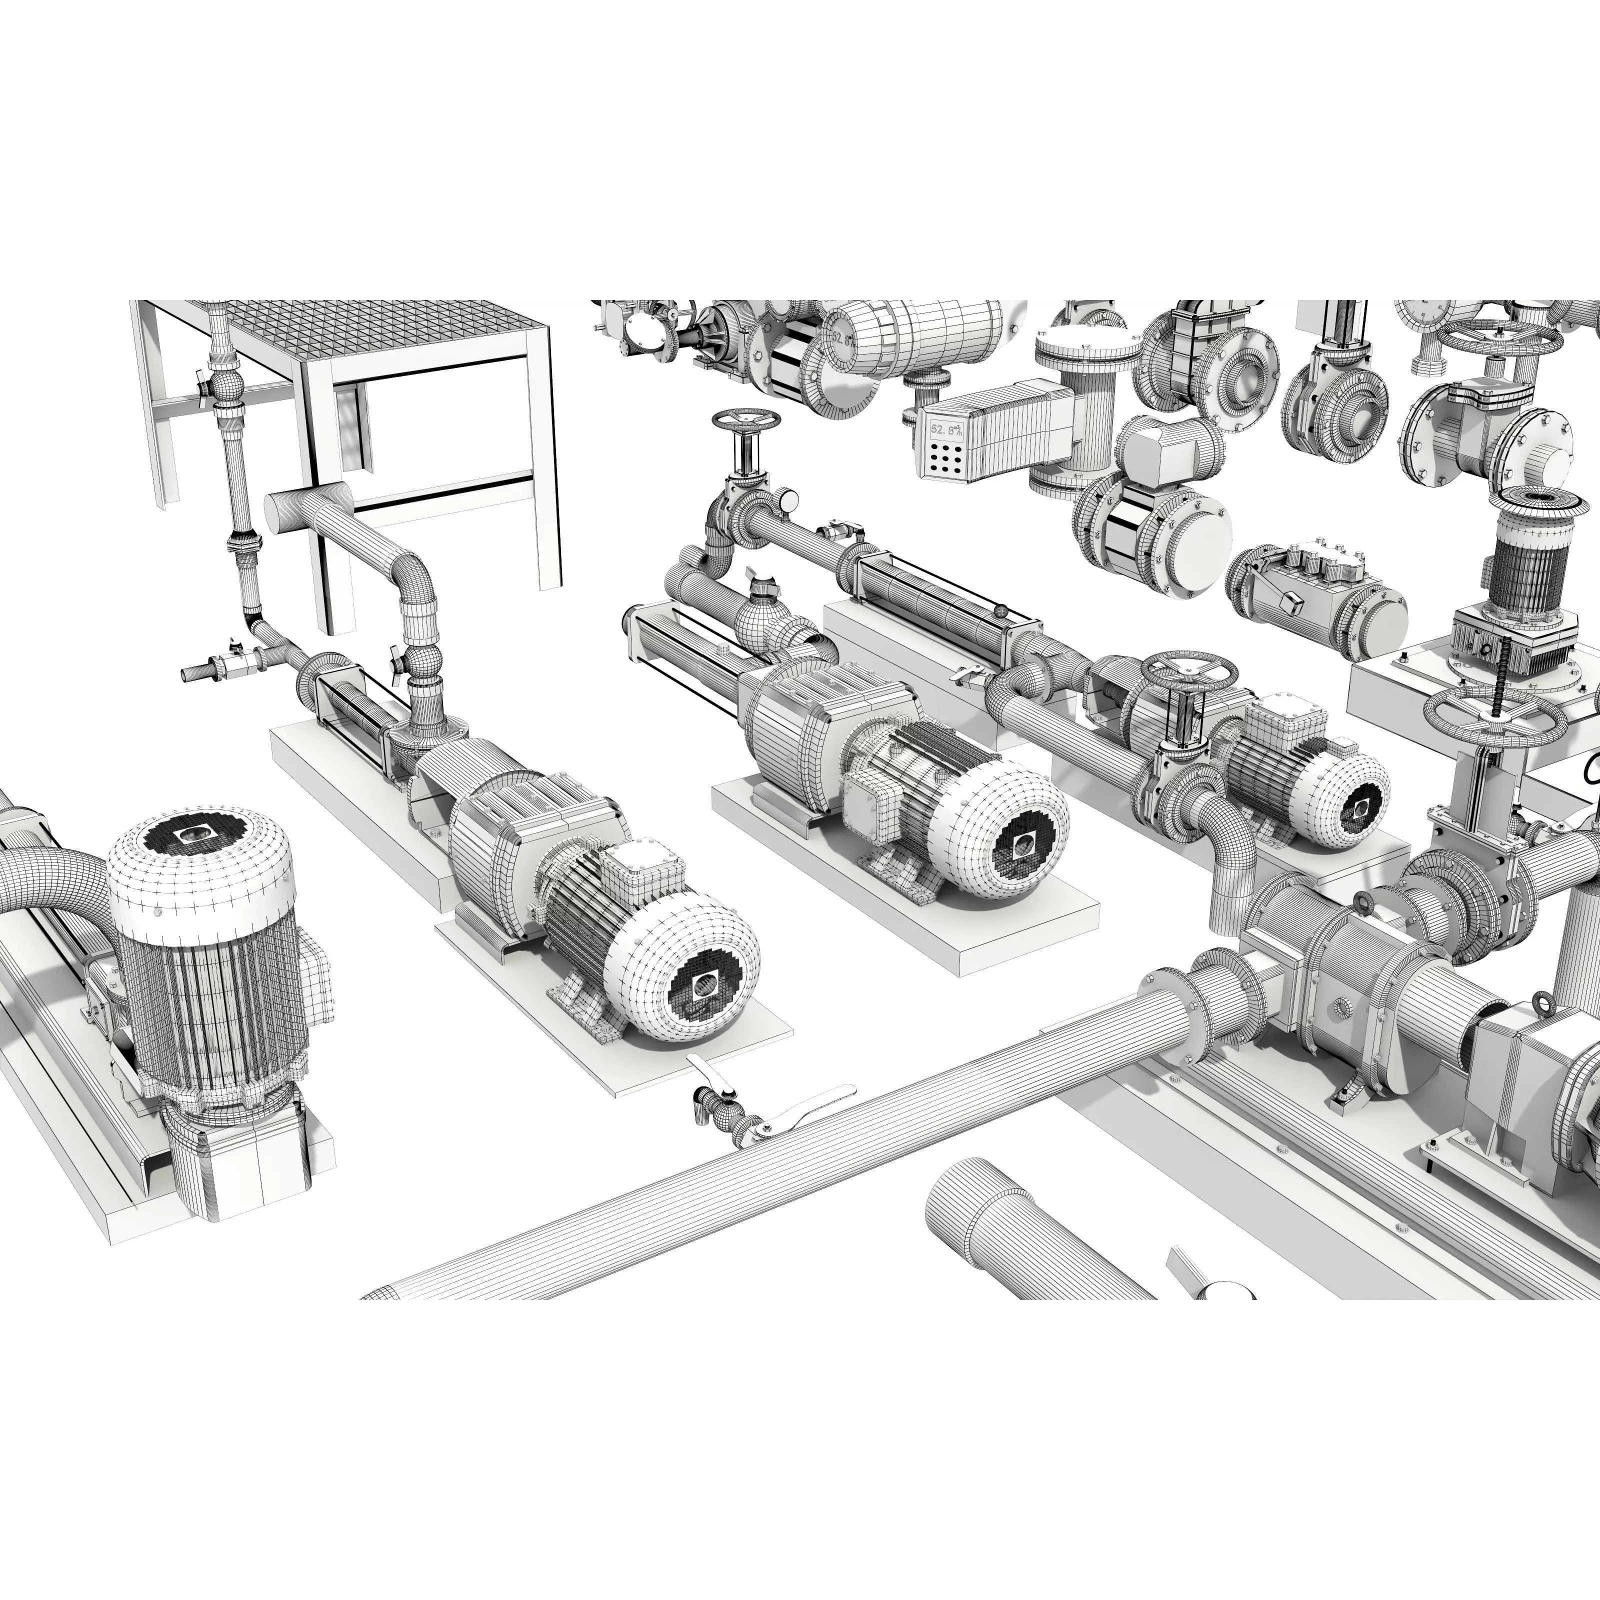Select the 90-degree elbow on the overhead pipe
(412, 574)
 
